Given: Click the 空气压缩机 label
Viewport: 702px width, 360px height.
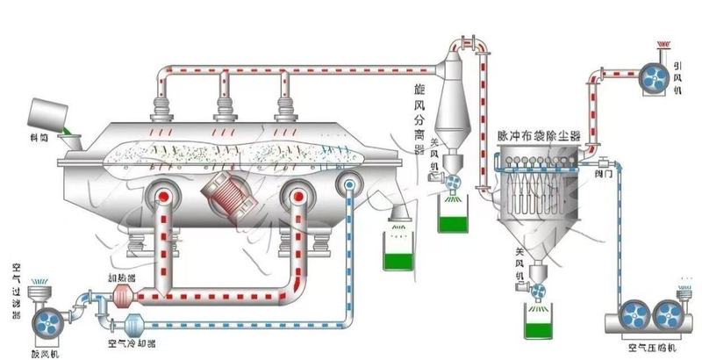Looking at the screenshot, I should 650,347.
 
